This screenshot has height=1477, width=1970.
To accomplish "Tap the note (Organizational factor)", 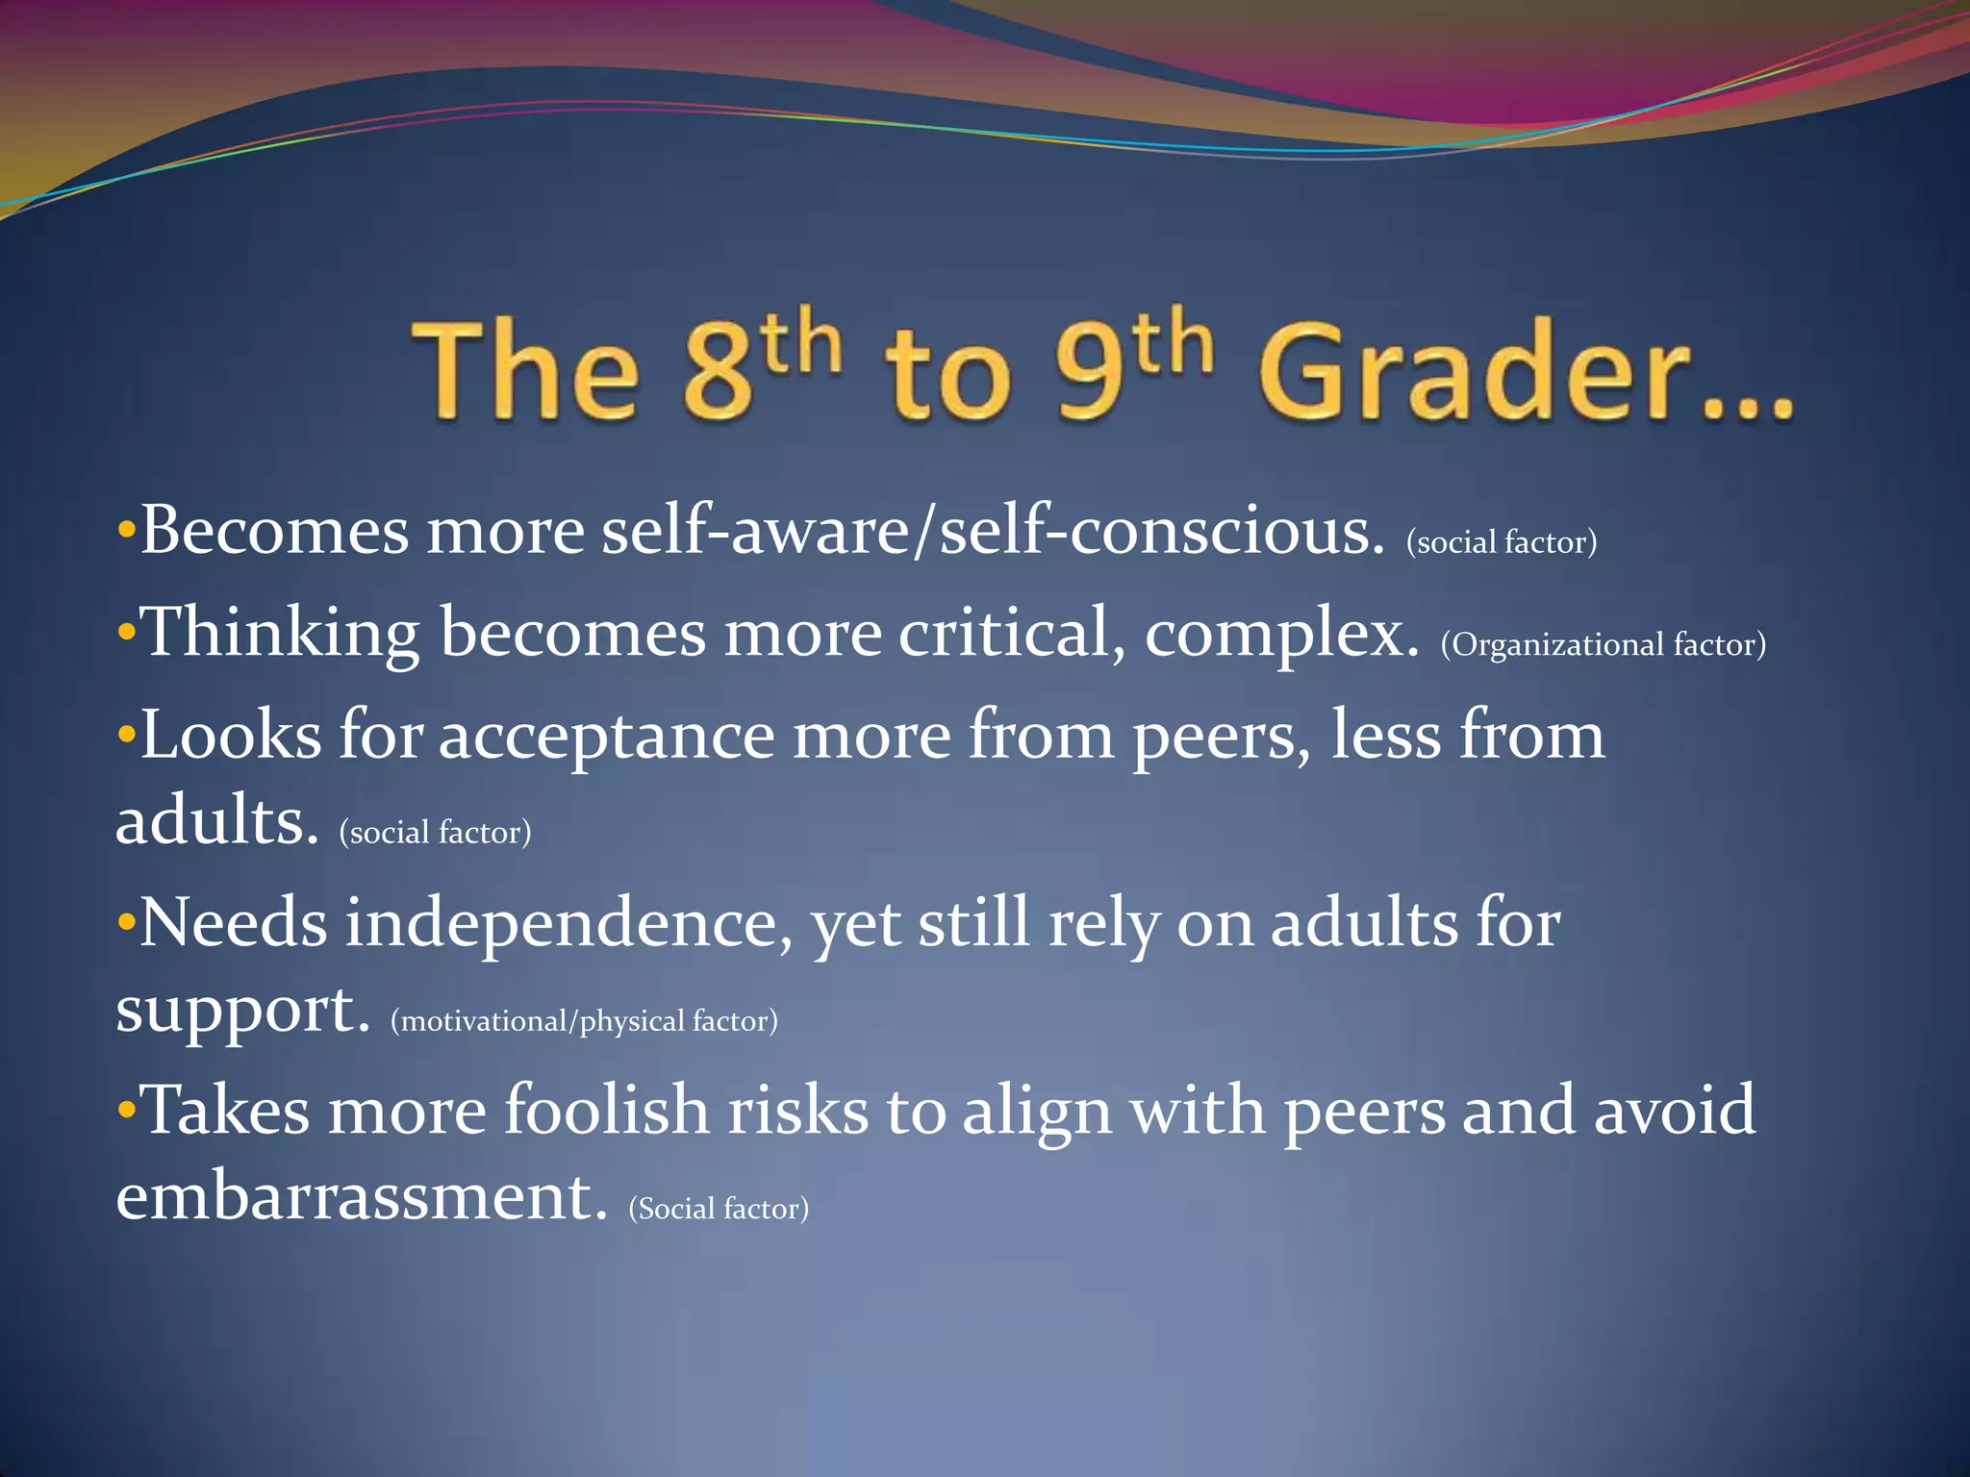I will click(1603, 644).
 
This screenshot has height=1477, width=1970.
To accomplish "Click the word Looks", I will click(231, 737).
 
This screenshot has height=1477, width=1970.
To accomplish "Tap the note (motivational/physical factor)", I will click(584, 1020).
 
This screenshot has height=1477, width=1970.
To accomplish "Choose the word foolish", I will click(607, 1111).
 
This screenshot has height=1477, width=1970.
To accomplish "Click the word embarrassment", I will click(362, 1198).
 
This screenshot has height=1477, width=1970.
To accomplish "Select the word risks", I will click(797, 1111).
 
